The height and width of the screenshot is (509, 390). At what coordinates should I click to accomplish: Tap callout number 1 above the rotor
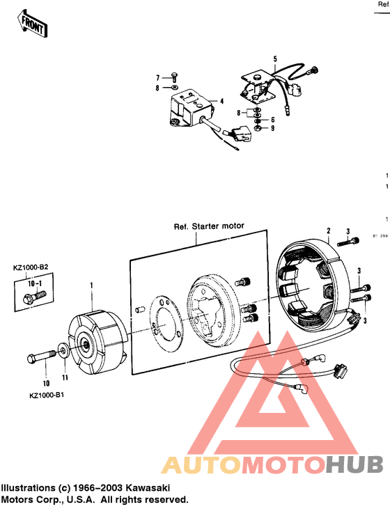(91, 285)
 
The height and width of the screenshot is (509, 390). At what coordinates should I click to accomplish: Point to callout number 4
(221, 102)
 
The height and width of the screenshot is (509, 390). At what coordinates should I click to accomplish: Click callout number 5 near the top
(274, 58)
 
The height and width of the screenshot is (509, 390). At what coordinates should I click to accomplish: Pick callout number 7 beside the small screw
(157, 77)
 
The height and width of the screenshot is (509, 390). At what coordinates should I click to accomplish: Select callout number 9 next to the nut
(272, 128)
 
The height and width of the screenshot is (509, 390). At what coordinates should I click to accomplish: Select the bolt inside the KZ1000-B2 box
(33, 298)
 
